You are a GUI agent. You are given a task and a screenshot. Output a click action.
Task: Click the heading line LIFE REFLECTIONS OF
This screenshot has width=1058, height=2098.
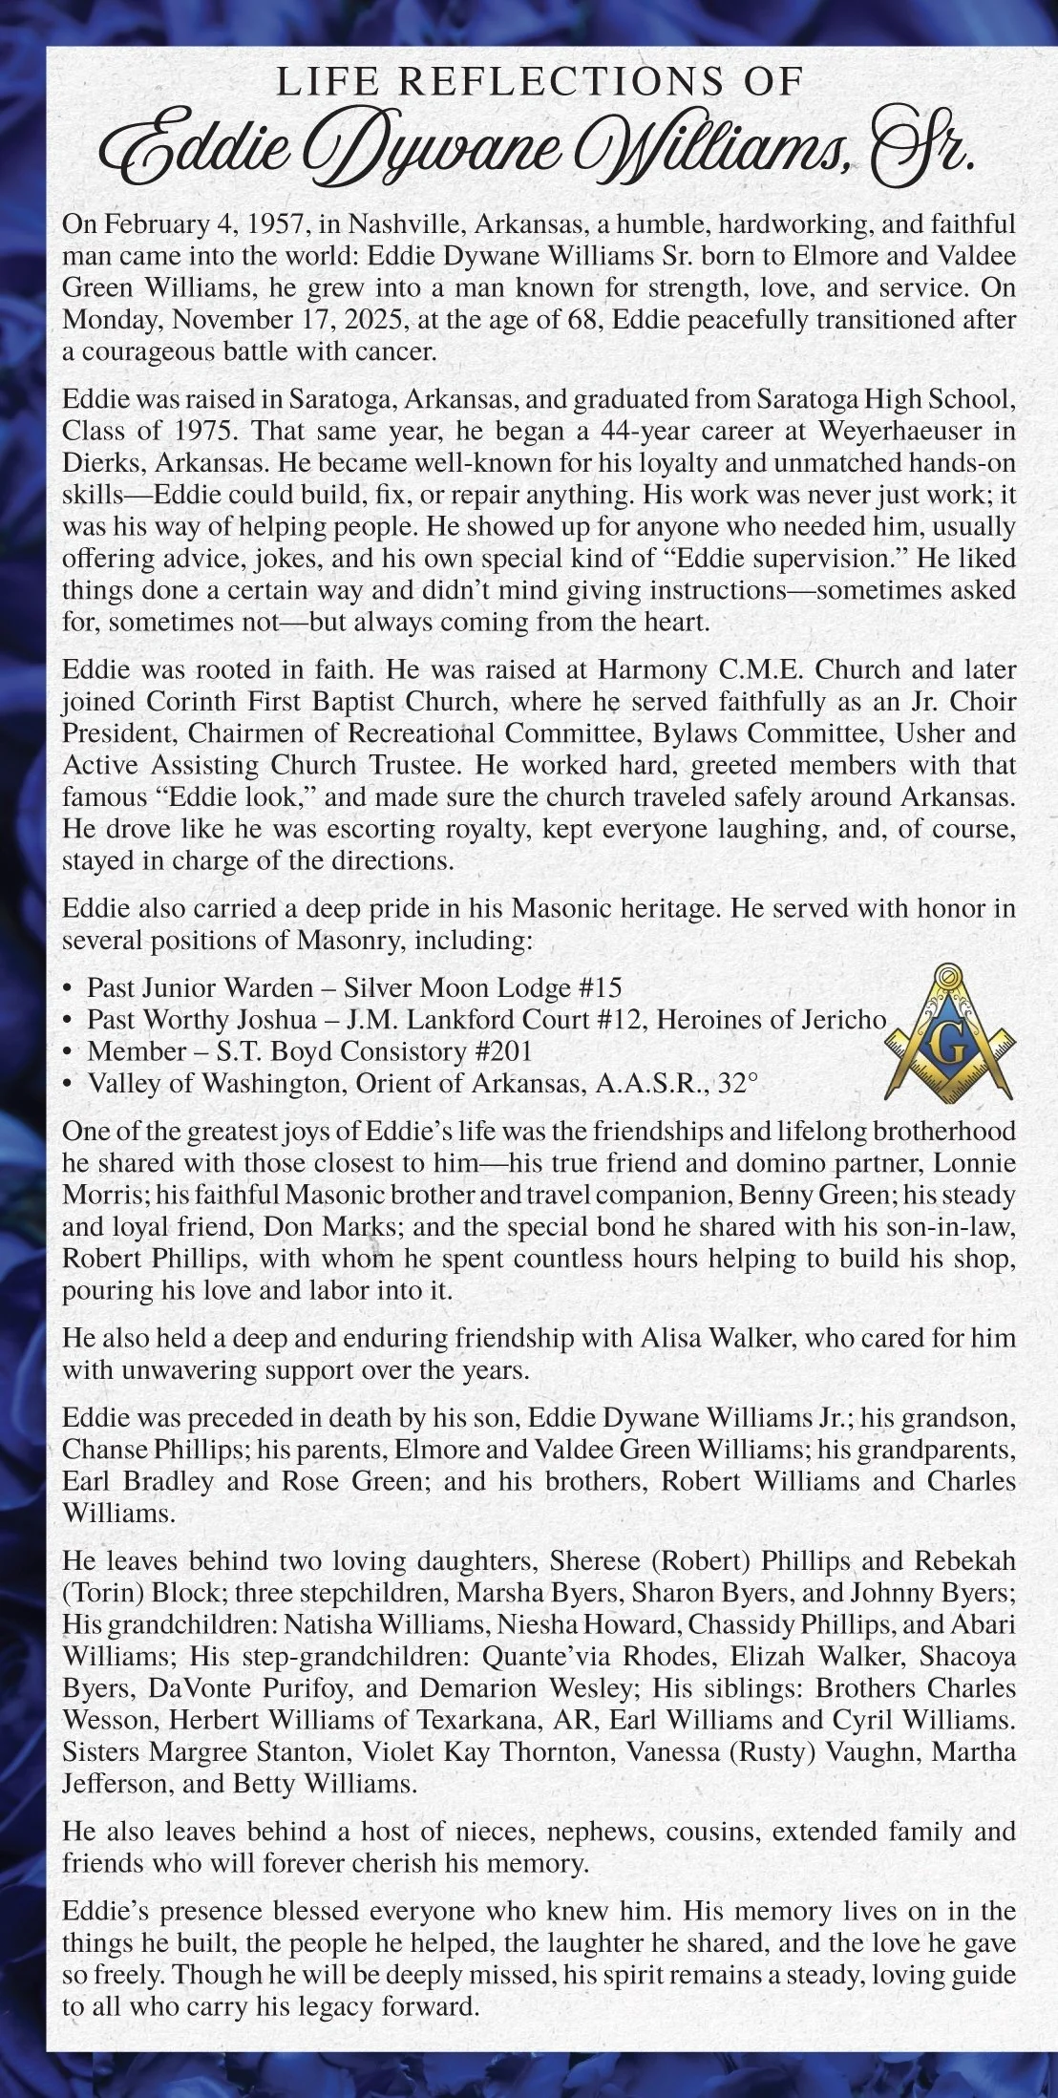click(537, 82)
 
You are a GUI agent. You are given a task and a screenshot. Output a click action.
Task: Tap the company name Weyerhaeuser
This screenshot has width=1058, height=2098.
click(889, 430)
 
